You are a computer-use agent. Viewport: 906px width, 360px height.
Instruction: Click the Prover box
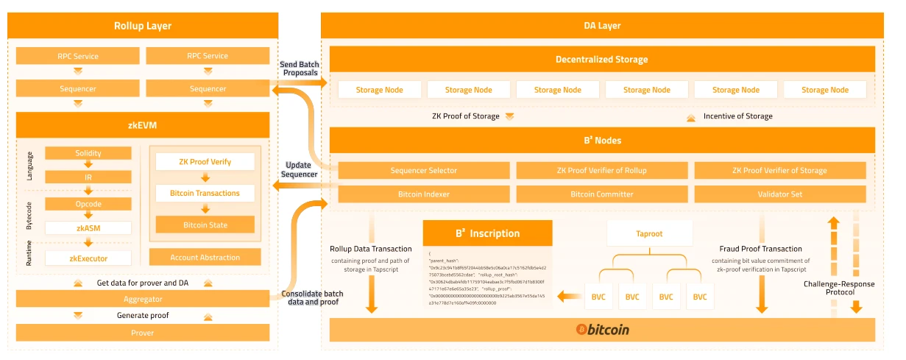tap(143, 333)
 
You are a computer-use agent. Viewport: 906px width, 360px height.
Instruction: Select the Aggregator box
tap(143, 299)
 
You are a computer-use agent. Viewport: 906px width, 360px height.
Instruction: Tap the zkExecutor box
tap(88, 258)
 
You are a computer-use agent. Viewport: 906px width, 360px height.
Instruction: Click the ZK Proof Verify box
tap(205, 161)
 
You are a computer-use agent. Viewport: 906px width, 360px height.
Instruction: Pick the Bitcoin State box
tap(205, 225)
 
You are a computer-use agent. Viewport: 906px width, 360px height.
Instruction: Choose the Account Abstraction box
tap(205, 257)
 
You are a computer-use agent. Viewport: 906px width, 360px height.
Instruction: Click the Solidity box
tap(88, 153)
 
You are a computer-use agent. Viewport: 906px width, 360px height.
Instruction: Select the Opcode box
tap(88, 204)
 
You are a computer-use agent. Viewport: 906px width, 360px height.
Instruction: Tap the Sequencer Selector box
tap(423, 170)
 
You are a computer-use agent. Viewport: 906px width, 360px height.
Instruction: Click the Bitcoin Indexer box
tap(423, 194)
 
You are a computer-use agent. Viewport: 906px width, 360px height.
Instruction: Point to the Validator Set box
tap(779, 194)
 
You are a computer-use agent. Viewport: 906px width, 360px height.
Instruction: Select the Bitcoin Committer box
tap(601, 194)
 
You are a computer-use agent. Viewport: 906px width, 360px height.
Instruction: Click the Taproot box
tap(649, 233)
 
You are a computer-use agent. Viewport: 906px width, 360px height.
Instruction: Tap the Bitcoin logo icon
tap(581, 330)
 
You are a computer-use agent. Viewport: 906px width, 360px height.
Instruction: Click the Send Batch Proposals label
tap(299, 68)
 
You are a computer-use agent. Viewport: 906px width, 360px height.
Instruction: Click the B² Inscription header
tap(487, 233)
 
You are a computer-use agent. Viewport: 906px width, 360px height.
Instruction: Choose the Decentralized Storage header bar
tap(601, 60)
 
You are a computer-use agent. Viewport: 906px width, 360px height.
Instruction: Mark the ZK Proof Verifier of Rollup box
tap(601, 170)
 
